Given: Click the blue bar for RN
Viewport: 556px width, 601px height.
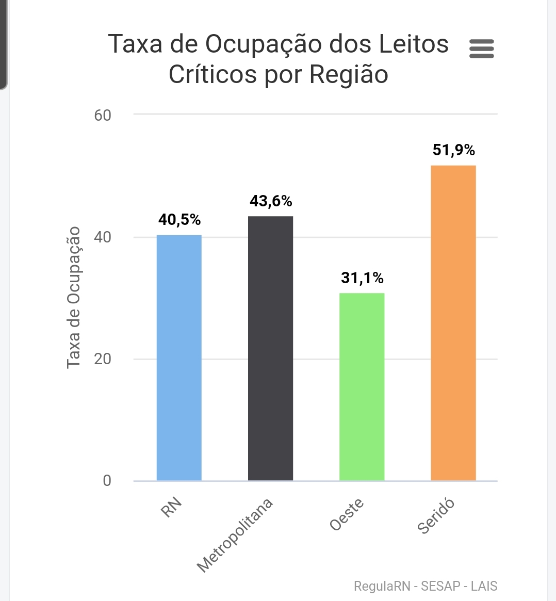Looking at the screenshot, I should point(179,358).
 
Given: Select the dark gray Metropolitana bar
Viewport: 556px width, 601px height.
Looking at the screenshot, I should point(270,348).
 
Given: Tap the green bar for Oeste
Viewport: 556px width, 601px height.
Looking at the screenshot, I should point(362,387).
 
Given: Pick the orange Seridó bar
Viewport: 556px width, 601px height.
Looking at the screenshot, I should point(453,323).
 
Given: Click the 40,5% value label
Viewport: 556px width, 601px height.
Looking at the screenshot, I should point(179,220).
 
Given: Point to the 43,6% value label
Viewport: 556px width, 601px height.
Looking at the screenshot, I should point(271,201).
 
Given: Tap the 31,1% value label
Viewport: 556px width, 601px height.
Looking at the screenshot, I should point(362,278).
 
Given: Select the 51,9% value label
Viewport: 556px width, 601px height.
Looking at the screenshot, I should point(454,150).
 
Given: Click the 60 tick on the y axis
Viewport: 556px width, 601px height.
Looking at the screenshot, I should point(103,115).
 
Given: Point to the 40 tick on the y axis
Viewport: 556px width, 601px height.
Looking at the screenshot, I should point(103,237).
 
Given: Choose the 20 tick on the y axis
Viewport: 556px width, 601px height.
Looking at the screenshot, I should point(103,359).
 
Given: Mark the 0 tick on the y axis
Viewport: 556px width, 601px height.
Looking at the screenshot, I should point(107,481).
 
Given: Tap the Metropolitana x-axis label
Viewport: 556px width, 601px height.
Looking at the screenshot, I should point(235,535).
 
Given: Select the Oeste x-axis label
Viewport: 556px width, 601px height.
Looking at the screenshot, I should point(347,514).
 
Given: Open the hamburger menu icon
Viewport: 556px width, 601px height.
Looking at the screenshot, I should point(482,49).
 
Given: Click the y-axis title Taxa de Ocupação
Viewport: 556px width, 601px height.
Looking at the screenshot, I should point(74,298).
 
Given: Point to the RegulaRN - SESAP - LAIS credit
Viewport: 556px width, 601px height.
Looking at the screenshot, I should point(426,586).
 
